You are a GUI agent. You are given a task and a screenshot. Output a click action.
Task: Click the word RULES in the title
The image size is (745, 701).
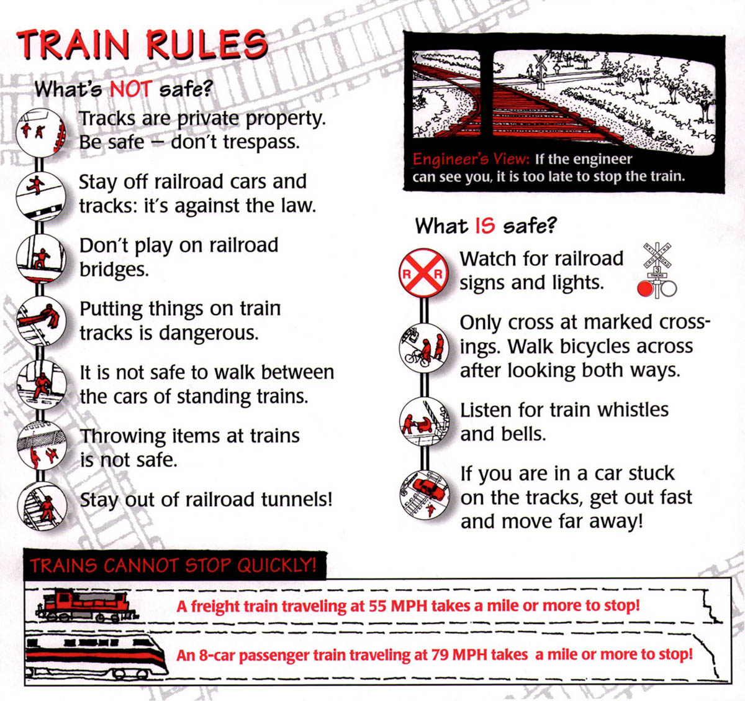206,45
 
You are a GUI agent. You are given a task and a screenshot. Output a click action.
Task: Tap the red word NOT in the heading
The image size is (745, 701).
130,89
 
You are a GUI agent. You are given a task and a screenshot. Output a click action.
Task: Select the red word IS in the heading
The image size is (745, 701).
485,226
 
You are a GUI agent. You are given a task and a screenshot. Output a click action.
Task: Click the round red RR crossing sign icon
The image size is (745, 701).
423,272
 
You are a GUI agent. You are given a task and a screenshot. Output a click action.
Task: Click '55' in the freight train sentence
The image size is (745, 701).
377,606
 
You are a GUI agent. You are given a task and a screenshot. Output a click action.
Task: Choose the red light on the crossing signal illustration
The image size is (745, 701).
645,288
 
